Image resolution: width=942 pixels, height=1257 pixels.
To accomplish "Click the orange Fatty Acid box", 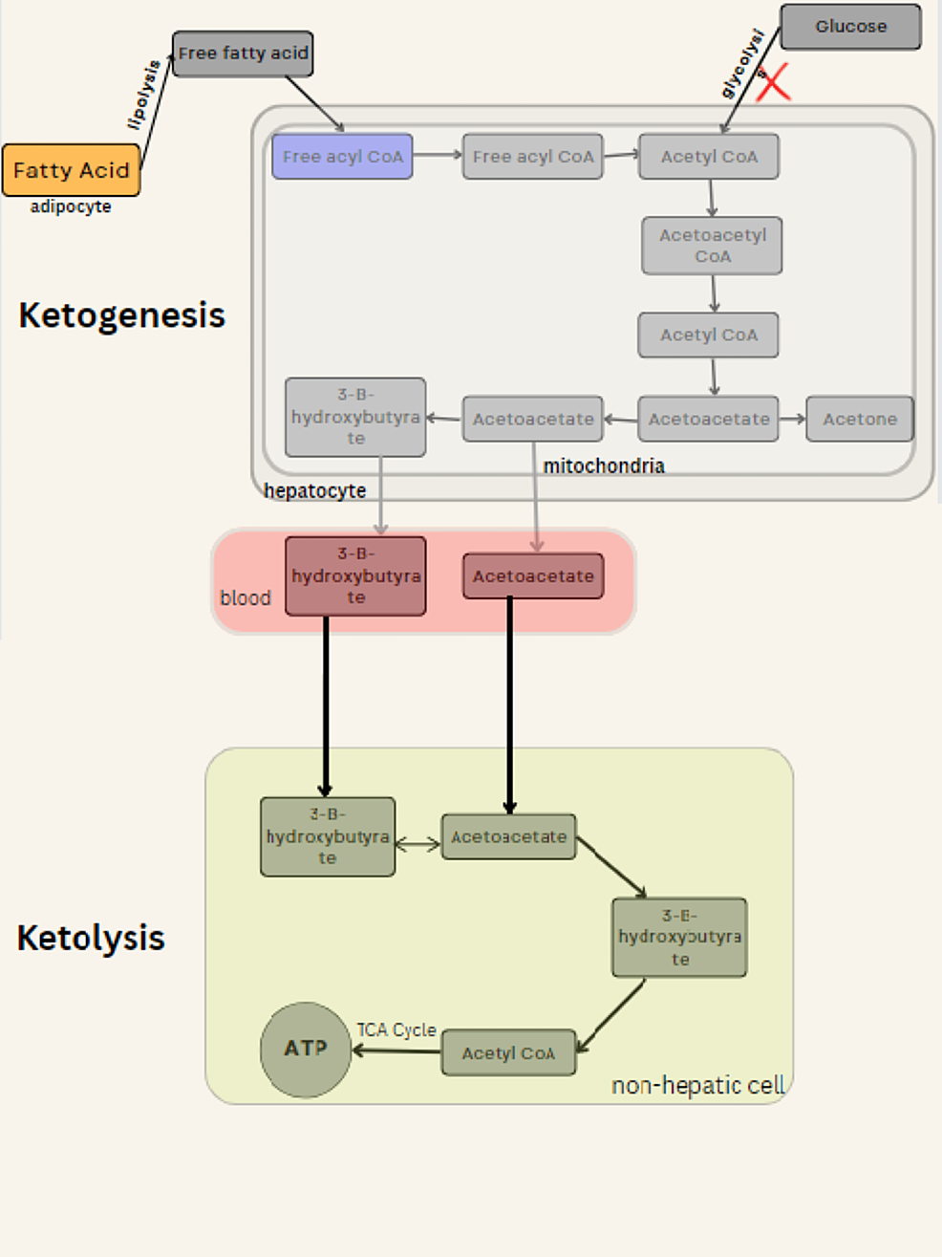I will coord(71,170).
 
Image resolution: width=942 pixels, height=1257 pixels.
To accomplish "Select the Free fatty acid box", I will coord(243,54).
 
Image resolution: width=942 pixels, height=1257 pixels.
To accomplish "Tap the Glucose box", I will coord(850,27).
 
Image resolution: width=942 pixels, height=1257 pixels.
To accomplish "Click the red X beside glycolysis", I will coord(773,82).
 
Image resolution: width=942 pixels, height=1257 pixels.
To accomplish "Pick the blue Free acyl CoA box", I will coord(342,157).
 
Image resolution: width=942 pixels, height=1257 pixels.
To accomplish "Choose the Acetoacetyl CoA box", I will coord(712,246).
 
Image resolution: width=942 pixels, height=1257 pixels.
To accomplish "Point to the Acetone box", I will coord(859,419).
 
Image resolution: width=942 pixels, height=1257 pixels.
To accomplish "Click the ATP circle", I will coord(306,1049).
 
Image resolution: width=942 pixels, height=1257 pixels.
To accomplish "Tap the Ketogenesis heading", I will coord(121,315).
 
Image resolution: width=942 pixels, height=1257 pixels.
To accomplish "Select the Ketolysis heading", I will coord(91,938).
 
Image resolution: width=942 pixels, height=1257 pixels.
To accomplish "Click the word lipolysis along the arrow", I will coord(143,95).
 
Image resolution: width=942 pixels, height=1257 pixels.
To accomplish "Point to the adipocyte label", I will coord(71,206).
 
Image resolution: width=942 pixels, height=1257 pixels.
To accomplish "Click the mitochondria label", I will coord(604,466).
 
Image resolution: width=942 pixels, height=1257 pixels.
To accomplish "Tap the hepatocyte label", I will coord(314,490).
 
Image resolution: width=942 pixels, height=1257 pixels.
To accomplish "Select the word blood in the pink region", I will coord(246,597).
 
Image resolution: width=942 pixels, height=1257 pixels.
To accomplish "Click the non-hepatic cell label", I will coord(697,1085).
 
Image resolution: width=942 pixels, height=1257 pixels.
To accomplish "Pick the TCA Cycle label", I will coord(396,1029).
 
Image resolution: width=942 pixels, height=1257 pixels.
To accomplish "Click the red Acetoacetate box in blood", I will coord(533,576).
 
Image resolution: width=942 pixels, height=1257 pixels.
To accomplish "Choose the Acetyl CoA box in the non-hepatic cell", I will coord(508,1052).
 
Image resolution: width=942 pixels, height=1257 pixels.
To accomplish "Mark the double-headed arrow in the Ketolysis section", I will coord(417,843).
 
